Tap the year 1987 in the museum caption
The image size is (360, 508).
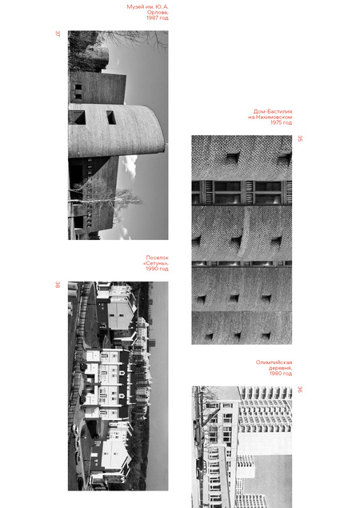point(152,18)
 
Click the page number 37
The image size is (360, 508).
point(58,34)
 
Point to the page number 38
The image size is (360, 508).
point(58,285)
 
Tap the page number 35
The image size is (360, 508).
point(300,138)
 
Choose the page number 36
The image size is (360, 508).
point(300,389)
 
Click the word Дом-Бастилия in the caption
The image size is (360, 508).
point(273,111)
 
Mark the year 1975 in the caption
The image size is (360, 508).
point(276,122)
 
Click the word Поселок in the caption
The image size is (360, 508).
point(157,258)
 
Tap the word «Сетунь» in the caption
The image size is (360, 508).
point(156,263)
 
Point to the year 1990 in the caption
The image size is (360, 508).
point(151,269)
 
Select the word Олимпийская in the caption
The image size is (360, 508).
point(274,362)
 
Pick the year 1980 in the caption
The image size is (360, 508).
point(275,374)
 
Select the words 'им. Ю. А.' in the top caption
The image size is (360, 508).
point(156,6)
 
